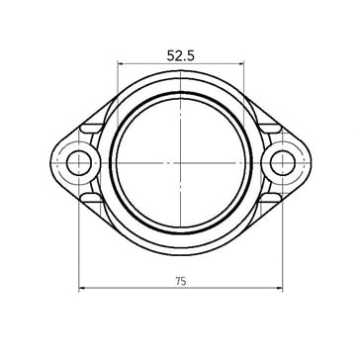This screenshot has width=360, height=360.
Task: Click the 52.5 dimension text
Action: [x=181, y=55]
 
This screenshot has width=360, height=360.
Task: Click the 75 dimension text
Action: [x=181, y=281]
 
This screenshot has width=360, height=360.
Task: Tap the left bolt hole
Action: [x=79, y=163]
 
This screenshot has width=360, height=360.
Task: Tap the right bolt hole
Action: [x=283, y=163]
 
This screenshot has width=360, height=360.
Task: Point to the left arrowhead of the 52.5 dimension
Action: [x=121, y=63]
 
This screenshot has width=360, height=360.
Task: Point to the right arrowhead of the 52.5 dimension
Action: [x=241, y=63]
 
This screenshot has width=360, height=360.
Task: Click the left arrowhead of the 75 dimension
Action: [x=82, y=288]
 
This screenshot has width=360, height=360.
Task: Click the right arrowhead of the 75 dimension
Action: [x=280, y=288]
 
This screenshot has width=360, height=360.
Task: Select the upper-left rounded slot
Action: [x=92, y=129]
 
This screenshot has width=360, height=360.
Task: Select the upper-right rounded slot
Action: [x=269, y=129]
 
